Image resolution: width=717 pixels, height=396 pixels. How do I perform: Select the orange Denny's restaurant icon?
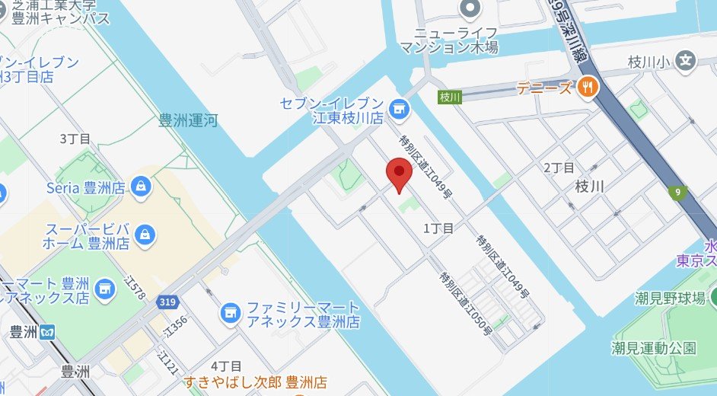(x=587, y=87)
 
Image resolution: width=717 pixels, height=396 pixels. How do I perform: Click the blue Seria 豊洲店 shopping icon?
(x=140, y=186)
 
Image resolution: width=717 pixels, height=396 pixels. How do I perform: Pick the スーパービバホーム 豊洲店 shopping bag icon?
(x=145, y=236)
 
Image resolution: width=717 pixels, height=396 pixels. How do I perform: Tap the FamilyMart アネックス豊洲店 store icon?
(x=229, y=311)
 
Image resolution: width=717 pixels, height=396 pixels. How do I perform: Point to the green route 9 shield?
(x=676, y=193)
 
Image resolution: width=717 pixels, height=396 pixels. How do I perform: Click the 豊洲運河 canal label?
(x=188, y=120)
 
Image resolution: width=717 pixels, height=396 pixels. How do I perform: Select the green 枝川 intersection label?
(x=450, y=97)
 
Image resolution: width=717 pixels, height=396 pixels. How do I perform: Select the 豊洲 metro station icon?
(x=48, y=332)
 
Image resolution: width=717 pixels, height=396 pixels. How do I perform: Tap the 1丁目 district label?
(x=438, y=228)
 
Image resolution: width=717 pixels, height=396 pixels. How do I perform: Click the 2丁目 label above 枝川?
(x=559, y=168)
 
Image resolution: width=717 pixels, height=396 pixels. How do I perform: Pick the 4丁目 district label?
(x=226, y=366)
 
